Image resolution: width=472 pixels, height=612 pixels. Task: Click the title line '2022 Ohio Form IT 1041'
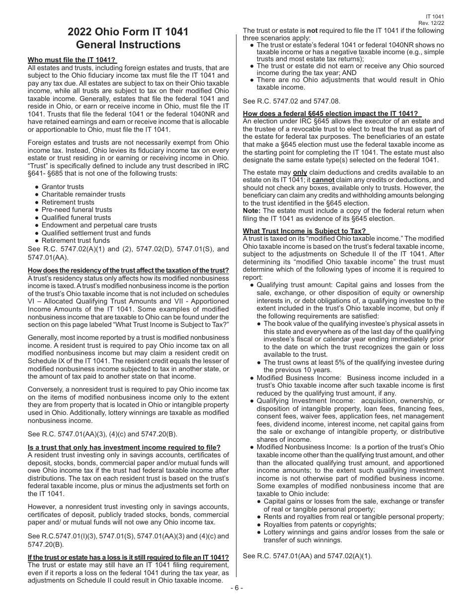[128, 32]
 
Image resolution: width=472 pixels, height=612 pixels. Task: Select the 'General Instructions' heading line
[128, 45]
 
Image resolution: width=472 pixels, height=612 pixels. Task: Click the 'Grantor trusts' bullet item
[63, 187]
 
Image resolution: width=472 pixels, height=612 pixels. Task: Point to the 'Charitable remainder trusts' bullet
[83, 194]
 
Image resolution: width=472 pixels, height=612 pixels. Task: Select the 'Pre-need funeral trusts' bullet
[77, 209]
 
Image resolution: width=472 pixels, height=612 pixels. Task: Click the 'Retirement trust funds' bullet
[76, 240]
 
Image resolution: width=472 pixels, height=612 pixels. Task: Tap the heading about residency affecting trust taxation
[128, 270]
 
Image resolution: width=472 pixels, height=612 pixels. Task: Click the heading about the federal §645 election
[331, 113]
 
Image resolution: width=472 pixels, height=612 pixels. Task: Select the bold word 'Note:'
[252, 211]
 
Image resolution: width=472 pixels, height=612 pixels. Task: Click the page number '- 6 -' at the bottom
[236, 588]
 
